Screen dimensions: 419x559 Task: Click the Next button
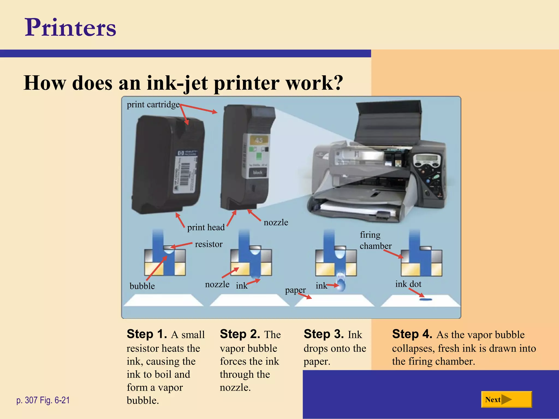tap(506, 400)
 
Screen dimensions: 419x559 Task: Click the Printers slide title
tap(70, 27)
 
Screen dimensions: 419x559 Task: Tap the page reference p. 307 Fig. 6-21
tap(43, 400)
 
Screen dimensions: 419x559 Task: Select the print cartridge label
tap(153, 104)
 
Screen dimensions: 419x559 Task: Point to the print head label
tap(206, 227)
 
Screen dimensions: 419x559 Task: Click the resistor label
tap(209, 244)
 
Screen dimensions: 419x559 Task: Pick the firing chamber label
tap(375, 240)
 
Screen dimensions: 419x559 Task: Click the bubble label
tap(142, 286)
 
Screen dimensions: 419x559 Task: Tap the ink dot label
tap(408, 284)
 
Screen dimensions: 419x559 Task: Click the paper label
tap(295, 290)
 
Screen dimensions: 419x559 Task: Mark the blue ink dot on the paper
tap(426, 300)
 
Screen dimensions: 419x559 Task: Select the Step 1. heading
tap(147, 334)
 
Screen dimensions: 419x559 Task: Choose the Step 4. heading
tap(412, 334)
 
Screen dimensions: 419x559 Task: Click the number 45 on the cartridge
tap(259, 140)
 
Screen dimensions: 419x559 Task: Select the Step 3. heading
tap(323, 334)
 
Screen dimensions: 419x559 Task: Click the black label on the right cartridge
tap(257, 172)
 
